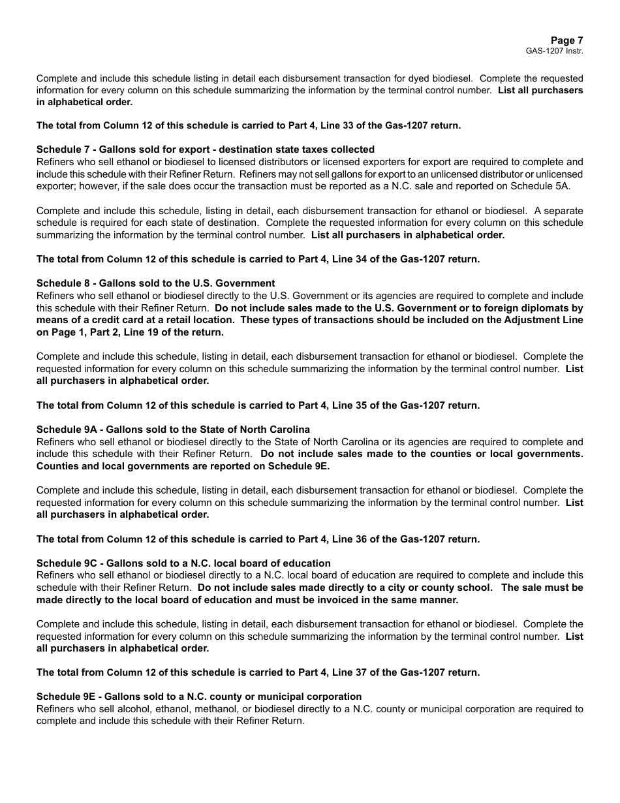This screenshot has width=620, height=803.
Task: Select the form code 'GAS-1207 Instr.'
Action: pyautogui.click(x=554, y=51)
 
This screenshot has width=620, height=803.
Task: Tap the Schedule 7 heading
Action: pyautogui.click(x=205, y=150)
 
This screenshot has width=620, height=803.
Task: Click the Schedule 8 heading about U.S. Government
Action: pyautogui.click(x=155, y=283)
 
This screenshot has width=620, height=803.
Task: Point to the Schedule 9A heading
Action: pyautogui.click(x=173, y=430)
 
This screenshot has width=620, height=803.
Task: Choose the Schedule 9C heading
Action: pyautogui.click(x=183, y=563)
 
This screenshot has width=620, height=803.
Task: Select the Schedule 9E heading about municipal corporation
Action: pyautogui.click(x=198, y=697)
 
